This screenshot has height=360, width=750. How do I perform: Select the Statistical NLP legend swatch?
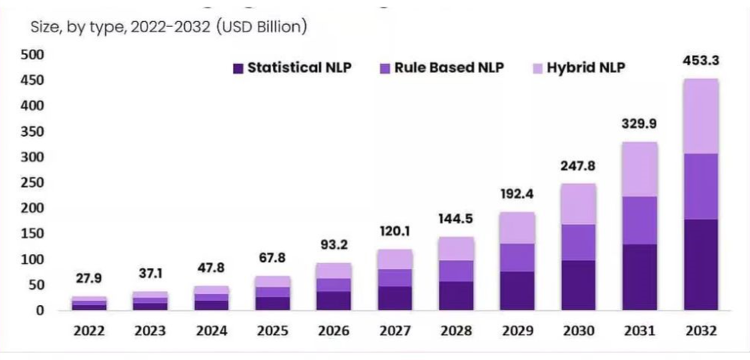pyautogui.click(x=238, y=68)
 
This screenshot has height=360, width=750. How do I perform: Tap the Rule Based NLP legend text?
pyautogui.click(x=449, y=68)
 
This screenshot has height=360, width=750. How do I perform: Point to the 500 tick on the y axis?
pyautogui.click(x=35, y=55)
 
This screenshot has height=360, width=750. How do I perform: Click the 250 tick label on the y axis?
pyautogui.click(x=35, y=183)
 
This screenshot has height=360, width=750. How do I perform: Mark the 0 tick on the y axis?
pyautogui.click(x=41, y=310)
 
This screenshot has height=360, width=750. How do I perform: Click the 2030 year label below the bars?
pyautogui.click(x=577, y=331)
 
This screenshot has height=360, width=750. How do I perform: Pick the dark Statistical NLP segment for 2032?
pyautogui.click(x=700, y=264)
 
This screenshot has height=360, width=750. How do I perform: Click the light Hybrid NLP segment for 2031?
pyautogui.click(x=640, y=169)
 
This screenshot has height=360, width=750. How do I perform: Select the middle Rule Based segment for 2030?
pyautogui.click(x=577, y=242)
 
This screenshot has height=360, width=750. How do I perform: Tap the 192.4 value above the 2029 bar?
pyautogui.click(x=517, y=194)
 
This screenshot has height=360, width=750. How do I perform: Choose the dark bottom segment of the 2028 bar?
pyautogui.click(x=455, y=295)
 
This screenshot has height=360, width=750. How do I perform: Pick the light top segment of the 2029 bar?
pyautogui.click(x=517, y=228)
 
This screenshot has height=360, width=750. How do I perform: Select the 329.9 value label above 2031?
pyautogui.click(x=640, y=124)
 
